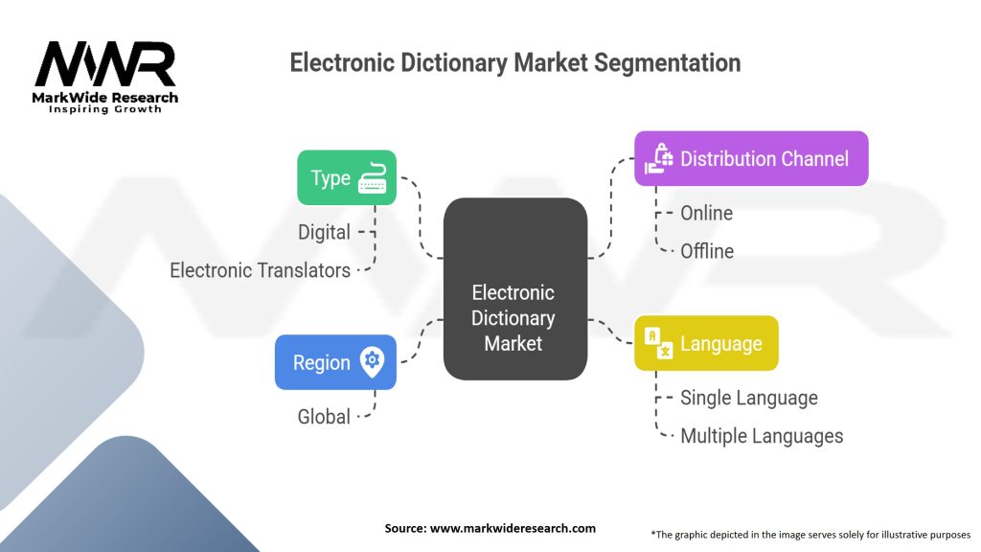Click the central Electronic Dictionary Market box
514,287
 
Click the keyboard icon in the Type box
373,178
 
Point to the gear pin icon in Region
372,361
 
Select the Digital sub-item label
324,232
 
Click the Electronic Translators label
260,270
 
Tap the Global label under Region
322,417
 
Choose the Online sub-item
706,213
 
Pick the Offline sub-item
707,251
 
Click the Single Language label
748,398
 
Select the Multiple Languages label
762,436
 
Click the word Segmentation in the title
667,63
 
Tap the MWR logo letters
105,65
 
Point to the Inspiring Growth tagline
105,109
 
